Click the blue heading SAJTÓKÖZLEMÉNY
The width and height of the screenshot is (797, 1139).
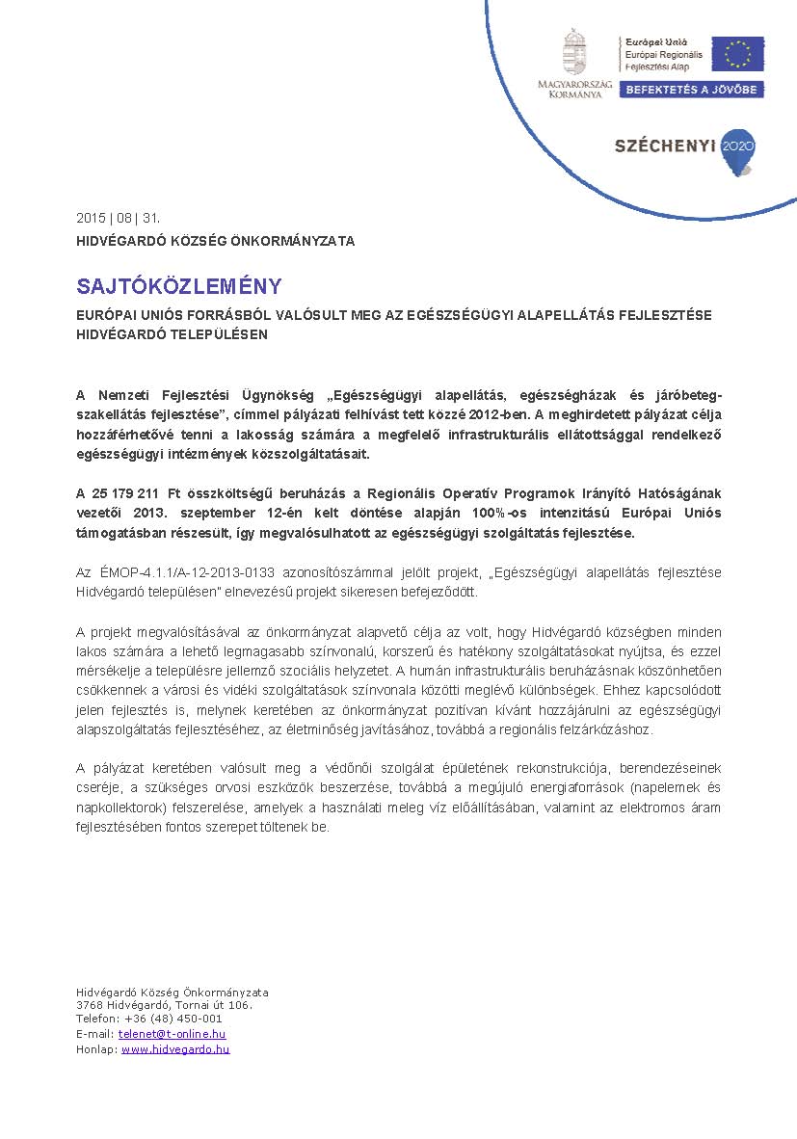point(179,286)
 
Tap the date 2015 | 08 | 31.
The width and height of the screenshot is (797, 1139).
point(120,217)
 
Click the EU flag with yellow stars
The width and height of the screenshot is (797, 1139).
point(737,54)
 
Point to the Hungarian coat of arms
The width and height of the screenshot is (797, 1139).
point(575,50)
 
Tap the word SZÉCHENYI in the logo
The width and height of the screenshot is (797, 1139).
point(665,146)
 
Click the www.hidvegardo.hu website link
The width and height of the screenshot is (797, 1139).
point(175,1049)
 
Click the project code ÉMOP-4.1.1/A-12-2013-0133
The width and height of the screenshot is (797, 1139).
point(181,573)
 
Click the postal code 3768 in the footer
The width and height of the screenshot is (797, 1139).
point(89,1005)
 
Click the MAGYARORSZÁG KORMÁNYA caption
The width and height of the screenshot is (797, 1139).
point(574,90)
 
